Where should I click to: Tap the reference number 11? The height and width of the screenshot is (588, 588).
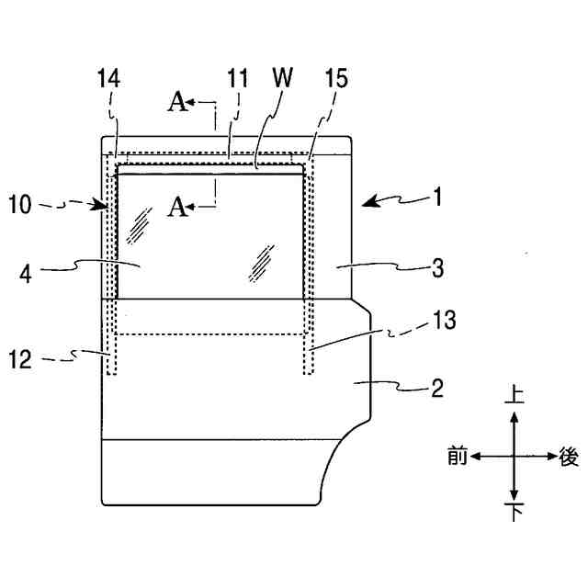238,80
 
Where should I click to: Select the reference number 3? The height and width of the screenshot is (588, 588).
437,268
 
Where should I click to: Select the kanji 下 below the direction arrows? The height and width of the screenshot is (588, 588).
514,511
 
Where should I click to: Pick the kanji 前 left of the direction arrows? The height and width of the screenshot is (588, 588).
457,454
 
